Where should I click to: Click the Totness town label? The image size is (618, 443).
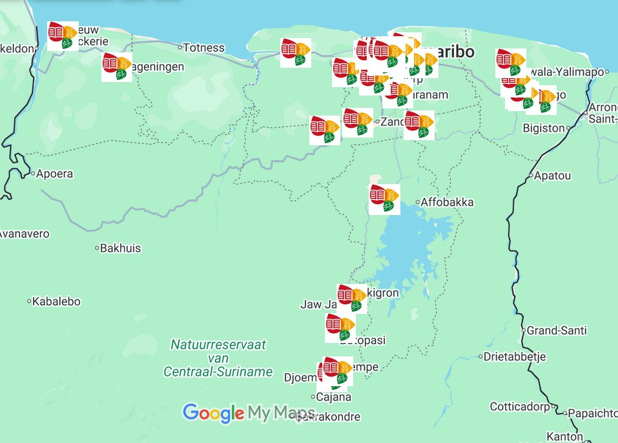(x=203, y=48)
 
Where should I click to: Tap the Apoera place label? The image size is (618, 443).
(x=54, y=174)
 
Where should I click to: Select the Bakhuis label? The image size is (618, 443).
(x=121, y=248)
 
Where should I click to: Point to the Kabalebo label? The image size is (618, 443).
(x=56, y=301)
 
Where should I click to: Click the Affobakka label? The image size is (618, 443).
(x=447, y=202)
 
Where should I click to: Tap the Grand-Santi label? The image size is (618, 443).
(x=557, y=331)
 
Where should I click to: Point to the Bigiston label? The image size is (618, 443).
(x=544, y=128)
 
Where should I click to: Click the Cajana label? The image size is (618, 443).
(x=333, y=397)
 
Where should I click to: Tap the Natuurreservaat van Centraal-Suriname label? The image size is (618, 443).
(x=218, y=358)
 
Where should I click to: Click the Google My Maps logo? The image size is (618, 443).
(x=249, y=413)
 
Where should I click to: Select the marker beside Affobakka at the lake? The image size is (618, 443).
(x=384, y=199)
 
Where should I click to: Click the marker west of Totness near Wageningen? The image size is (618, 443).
(x=117, y=67)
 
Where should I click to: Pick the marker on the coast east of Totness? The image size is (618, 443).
(x=296, y=52)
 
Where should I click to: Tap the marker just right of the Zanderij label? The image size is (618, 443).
(x=419, y=125)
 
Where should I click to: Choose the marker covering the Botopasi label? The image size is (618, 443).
(x=340, y=328)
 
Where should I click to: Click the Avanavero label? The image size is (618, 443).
(x=25, y=234)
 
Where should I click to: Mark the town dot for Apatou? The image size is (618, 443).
(x=530, y=175)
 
